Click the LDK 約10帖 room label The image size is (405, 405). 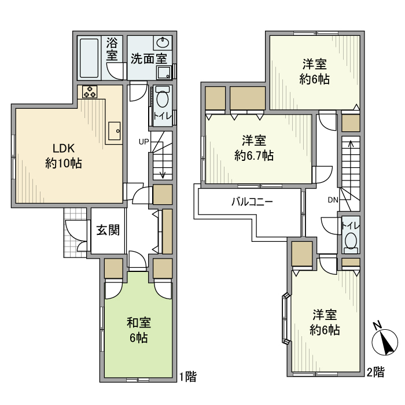point(63,155)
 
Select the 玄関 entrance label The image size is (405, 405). point(108,231)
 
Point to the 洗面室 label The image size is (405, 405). point(149,58)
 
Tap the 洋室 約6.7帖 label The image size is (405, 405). point(254,148)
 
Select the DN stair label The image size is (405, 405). point(333,200)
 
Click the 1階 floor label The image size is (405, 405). point(187,377)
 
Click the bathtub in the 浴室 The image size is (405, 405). point(91,57)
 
